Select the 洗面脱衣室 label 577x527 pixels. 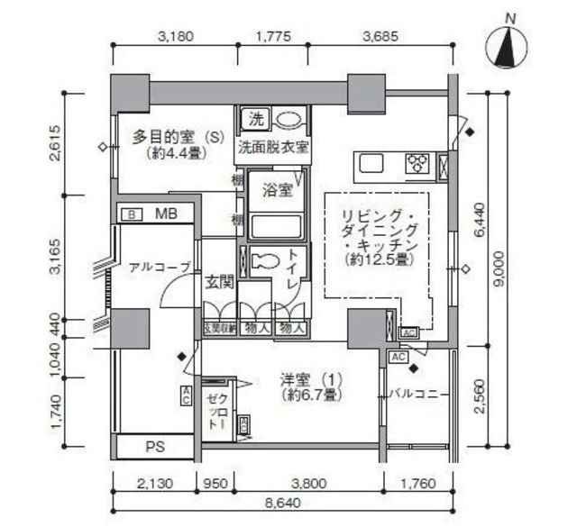[273, 147]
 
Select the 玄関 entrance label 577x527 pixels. [219, 282]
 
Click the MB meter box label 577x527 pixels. [165, 214]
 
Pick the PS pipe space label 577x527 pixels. [155, 445]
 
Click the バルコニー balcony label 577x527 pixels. [419, 394]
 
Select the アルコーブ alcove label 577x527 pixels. [160, 267]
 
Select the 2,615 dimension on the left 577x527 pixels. [57, 141]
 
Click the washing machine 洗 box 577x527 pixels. [255, 119]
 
